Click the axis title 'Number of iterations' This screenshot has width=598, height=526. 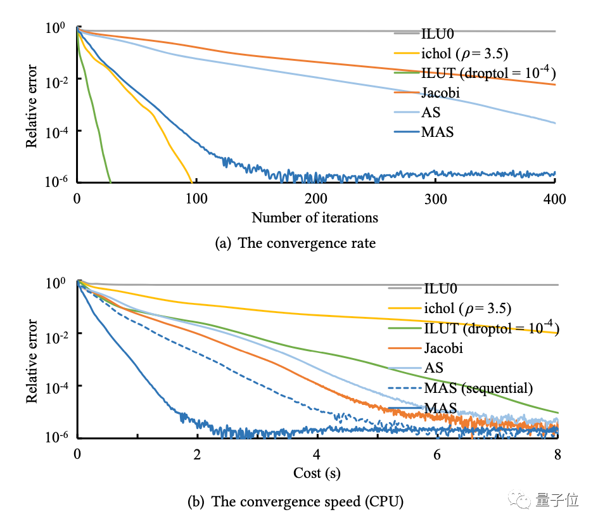(315, 218)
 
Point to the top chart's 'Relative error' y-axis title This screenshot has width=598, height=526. (32, 106)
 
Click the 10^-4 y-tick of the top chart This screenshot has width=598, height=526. (56, 131)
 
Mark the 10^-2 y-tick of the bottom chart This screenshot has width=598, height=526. (56, 334)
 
